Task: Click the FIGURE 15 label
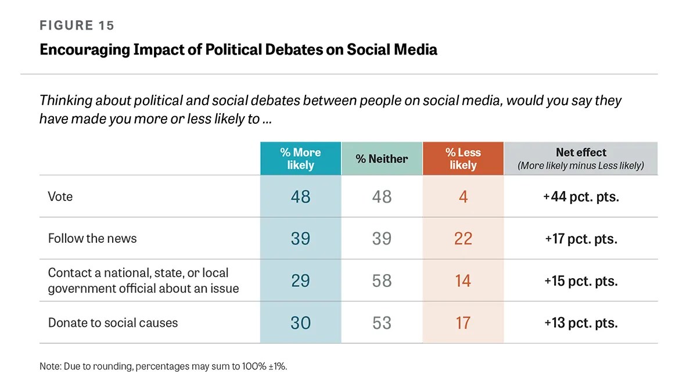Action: coord(77,25)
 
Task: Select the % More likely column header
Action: coord(301,159)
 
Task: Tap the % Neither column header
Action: coord(382,159)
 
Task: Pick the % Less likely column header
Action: coord(463,159)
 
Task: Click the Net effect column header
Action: coord(581,159)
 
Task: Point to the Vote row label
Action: coord(60,197)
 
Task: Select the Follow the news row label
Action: coord(92,239)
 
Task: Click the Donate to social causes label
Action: coord(113,323)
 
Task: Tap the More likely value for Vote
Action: coord(301,197)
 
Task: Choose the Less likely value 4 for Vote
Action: coord(464,197)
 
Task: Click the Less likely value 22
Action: coord(463,239)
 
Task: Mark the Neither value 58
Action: coord(382,280)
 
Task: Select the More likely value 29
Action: coord(301,280)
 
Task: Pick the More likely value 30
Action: coord(301,323)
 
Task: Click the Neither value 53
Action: coord(382,323)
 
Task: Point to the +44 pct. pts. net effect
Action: coord(581,197)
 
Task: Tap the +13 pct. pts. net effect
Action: coord(581,323)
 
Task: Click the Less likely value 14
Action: coord(463,280)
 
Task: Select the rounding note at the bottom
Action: coord(163,366)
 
